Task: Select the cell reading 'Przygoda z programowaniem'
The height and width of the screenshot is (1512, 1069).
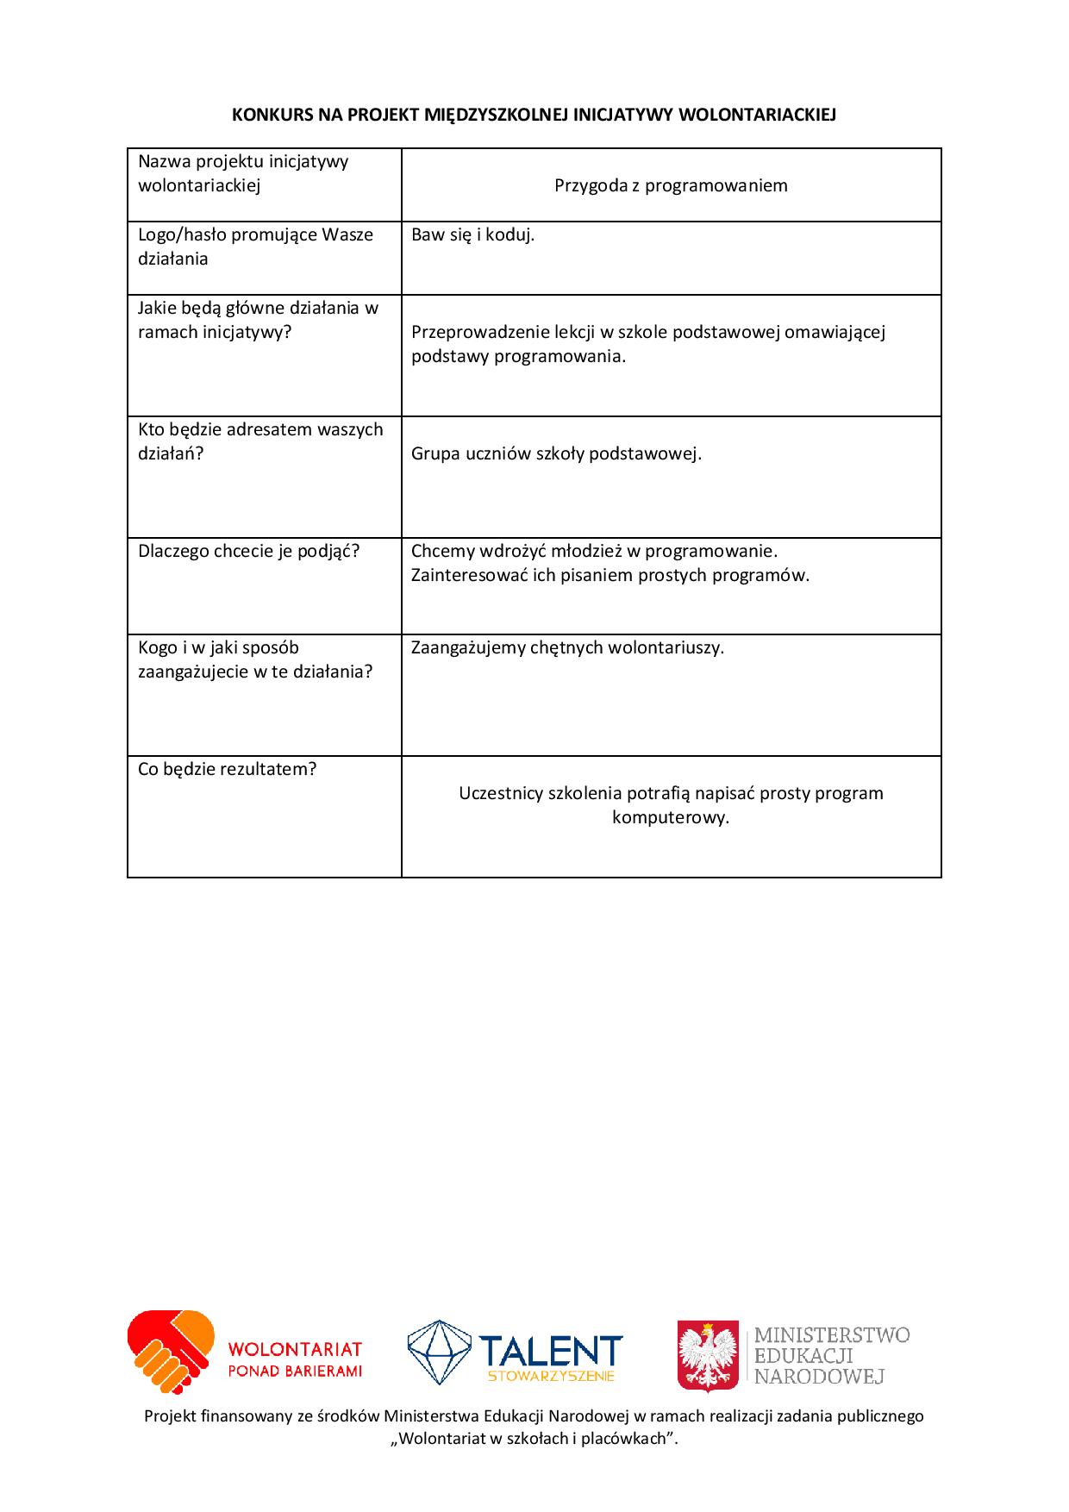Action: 671,185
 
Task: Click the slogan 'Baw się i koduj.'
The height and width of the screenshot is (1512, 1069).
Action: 472,234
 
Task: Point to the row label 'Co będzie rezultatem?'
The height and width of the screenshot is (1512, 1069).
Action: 228,769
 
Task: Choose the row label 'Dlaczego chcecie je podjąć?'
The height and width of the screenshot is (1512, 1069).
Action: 248,551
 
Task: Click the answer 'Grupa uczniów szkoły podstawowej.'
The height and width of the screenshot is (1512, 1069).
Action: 556,453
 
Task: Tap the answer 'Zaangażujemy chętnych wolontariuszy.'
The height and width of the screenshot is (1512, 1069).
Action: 567,647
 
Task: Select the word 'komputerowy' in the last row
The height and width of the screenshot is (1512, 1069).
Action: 671,817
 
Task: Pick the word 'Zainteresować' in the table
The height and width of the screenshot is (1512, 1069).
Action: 470,575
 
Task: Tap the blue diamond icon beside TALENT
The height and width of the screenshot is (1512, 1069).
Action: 439,1352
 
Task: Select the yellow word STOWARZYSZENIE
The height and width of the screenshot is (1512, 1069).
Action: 551,1376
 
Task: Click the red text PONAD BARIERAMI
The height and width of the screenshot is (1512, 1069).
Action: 295,1371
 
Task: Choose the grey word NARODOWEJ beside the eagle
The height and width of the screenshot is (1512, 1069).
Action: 819,1376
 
